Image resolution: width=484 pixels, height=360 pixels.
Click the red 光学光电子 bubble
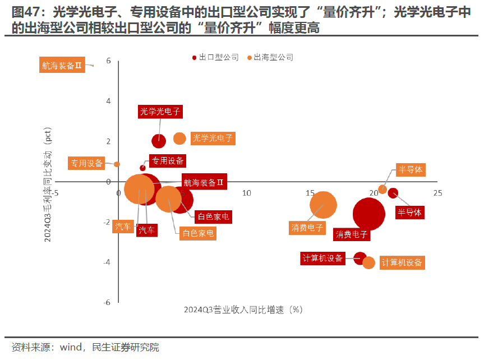(x=159, y=141)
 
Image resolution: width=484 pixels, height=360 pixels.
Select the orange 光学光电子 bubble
(x=179, y=138)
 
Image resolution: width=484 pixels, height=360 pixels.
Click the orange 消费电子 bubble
(x=324, y=204)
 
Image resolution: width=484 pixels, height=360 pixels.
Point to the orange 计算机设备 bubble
(x=368, y=262)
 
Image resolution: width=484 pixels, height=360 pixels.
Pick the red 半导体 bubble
(x=393, y=193)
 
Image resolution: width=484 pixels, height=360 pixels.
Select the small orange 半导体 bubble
(x=382, y=189)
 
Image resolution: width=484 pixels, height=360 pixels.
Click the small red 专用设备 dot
(x=142, y=168)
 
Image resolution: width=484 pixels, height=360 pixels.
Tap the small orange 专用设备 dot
(x=117, y=164)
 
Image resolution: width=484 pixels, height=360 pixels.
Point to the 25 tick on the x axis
(x=437, y=193)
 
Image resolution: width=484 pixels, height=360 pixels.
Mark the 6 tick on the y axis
(x=108, y=61)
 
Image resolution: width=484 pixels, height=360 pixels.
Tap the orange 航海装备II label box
(x=62, y=65)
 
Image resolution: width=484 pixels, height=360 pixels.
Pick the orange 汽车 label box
(x=123, y=227)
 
